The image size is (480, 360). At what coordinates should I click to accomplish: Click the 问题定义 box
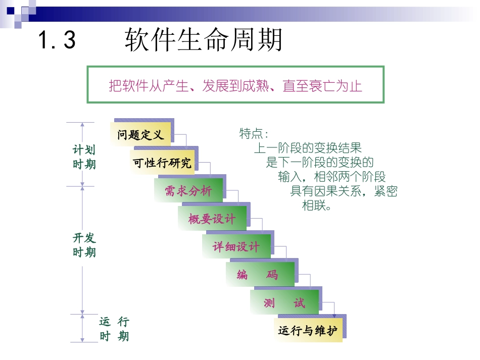coord(141,135)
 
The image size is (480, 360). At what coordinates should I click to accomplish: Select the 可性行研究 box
coord(162,163)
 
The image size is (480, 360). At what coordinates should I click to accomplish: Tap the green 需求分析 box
coord(188,190)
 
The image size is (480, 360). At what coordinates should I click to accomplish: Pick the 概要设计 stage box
coord(212,219)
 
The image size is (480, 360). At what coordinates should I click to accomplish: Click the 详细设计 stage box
coord(236,246)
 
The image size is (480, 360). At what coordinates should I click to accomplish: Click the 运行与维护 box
coord(308,331)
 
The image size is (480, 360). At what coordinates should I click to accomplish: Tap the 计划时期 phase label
coord(84,157)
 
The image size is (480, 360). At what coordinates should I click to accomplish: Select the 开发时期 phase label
coord(84,245)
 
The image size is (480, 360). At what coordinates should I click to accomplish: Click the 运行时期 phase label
coord(114,329)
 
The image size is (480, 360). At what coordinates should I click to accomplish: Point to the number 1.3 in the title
coord(57,40)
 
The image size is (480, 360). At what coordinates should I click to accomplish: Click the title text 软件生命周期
coord(204,40)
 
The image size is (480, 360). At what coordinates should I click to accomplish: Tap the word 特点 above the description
coord(251,134)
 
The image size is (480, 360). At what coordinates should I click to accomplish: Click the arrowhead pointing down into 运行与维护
coord(334,316)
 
